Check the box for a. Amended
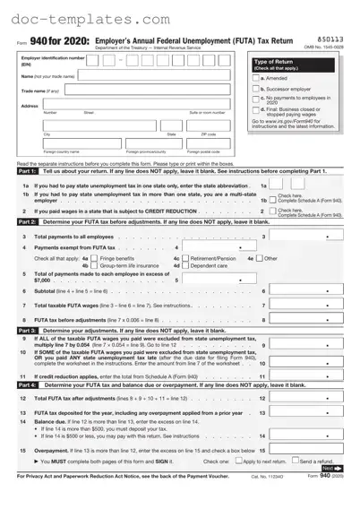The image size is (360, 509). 254,78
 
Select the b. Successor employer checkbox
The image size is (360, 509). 254,90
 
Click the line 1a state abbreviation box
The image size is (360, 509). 280,185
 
